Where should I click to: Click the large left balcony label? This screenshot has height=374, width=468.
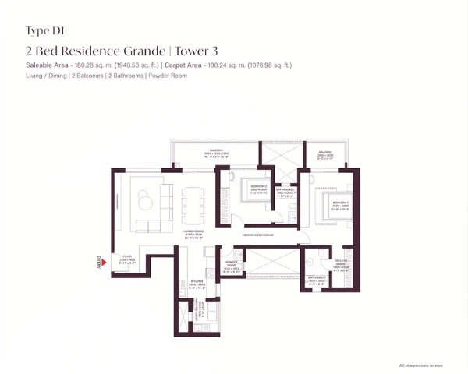point(217,155)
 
